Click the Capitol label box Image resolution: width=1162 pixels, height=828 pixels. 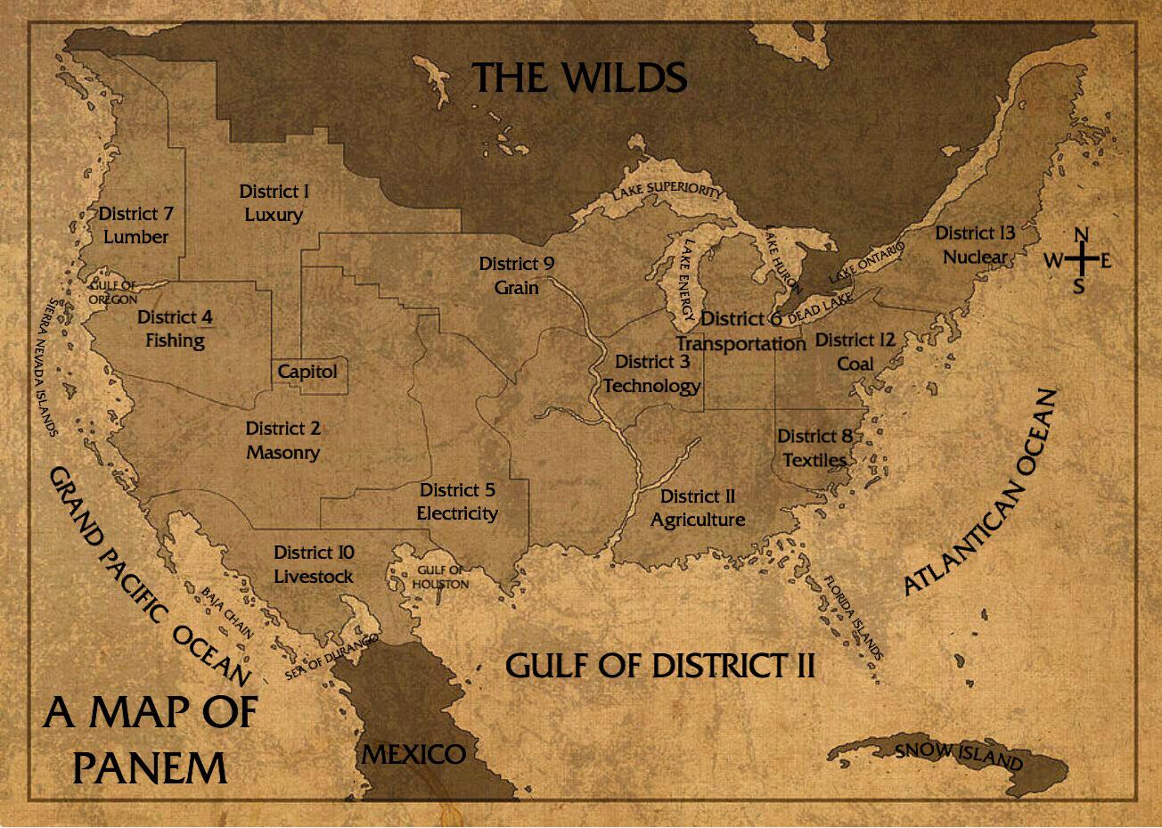click(x=308, y=372)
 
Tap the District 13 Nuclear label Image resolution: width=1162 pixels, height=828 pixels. click(x=975, y=245)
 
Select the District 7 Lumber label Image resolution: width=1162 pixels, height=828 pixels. click(x=135, y=225)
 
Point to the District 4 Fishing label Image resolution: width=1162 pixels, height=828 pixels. click(x=175, y=329)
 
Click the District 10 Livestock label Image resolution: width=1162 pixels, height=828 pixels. click(x=314, y=565)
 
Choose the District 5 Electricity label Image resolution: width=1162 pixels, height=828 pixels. click(x=457, y=502)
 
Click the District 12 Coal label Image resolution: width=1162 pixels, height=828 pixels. click(x=855, y=352)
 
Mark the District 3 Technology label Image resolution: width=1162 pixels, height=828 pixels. click(x=651, y=373)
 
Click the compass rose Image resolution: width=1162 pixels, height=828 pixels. click(x=1079, y=260)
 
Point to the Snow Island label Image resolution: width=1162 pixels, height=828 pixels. click(x=959, y=756)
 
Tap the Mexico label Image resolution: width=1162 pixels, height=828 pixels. click(x=413, y=754)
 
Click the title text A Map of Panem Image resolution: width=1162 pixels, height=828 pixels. click(x=150, y=739)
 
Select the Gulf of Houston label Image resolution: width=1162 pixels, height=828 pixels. click(x=440, y=578)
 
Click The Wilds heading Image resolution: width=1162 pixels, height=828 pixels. click(x=579, y=78)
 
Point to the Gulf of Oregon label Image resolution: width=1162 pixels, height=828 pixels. click(x=112, y=292)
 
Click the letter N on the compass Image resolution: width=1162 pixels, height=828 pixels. click(x=1080, y=235)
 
